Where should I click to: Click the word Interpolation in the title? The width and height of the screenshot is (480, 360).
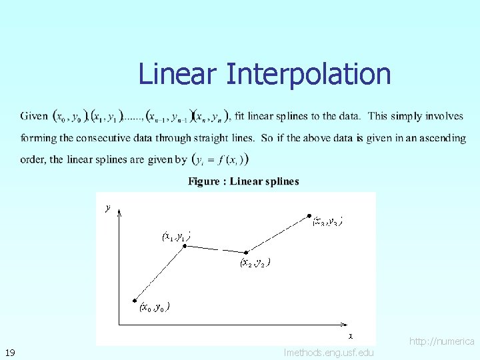(308, 74)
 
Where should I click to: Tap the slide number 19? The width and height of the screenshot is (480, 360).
(10, 352)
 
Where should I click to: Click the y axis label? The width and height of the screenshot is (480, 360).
(108, 207)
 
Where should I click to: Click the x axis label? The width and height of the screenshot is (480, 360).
(351, 335)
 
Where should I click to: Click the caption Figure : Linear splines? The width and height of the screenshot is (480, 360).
(243, 181)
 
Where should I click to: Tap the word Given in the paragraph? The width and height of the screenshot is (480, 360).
(34, 116)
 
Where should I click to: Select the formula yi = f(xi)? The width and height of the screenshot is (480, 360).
(221, 160)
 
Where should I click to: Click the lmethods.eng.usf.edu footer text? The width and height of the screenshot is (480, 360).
(329, 353)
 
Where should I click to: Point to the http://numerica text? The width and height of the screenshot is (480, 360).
(441, 341)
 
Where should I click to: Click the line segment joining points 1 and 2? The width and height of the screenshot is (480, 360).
(216, 249)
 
